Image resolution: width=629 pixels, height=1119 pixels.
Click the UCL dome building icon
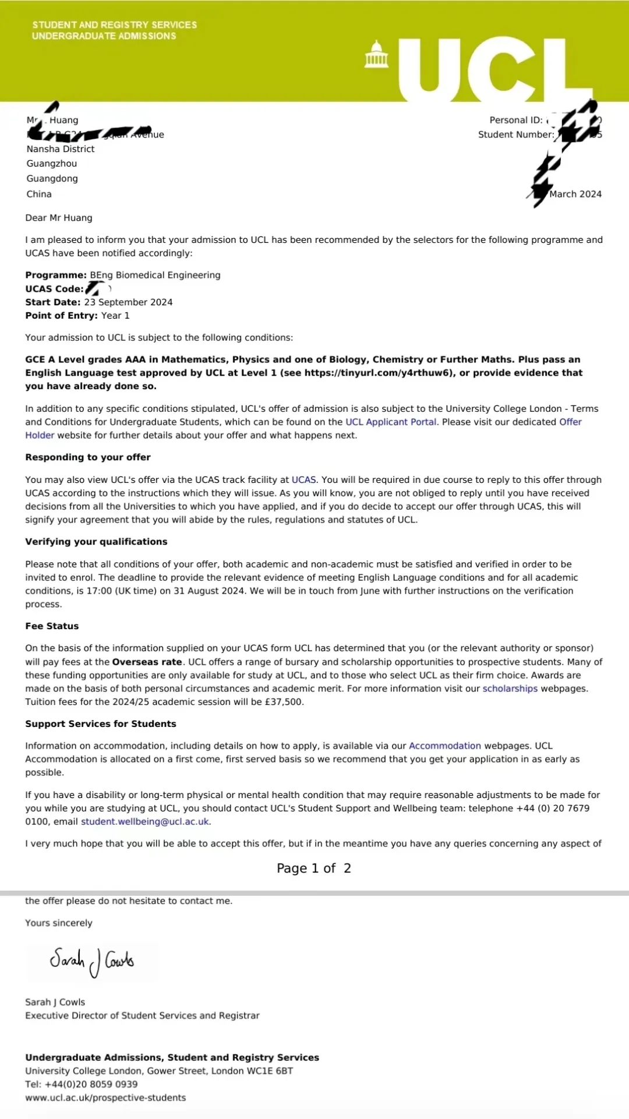point(376,55)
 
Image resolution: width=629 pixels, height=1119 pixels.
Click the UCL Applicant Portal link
point(391,422)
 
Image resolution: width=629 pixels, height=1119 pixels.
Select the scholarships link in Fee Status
point(510,689)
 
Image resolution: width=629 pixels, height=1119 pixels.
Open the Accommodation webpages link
point(445,746)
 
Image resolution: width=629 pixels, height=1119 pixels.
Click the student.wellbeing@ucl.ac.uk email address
point(145,821)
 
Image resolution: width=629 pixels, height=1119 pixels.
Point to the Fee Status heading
point(52,626)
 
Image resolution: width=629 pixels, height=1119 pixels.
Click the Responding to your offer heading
point(88,457)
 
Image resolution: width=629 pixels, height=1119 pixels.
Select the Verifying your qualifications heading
point(96,542)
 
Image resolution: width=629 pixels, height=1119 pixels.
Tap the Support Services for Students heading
point(101,723)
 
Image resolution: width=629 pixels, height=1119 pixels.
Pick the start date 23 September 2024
point(128,302)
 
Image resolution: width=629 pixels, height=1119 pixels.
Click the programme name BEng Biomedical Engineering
point(155,275)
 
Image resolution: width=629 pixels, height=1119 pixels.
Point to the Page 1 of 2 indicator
point(314,869)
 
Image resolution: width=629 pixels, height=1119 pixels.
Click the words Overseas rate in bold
point(147,662)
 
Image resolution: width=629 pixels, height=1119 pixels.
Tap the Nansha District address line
point(61,149)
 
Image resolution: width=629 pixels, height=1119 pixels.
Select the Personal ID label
point(515,120)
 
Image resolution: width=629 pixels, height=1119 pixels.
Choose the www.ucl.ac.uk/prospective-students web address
point(105,1097)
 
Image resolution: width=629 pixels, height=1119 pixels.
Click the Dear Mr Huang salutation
point(59,218)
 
